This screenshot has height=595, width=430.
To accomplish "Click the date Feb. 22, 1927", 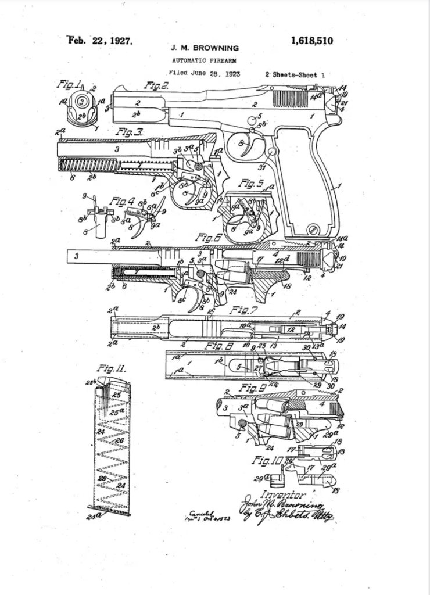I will [101, 41].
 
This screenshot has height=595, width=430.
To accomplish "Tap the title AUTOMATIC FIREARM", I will [202, 60].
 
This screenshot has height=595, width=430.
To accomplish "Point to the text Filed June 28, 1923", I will [204, 74].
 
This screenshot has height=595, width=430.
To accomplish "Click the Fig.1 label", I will [69, 85].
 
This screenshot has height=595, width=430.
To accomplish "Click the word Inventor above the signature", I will [285, 495].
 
